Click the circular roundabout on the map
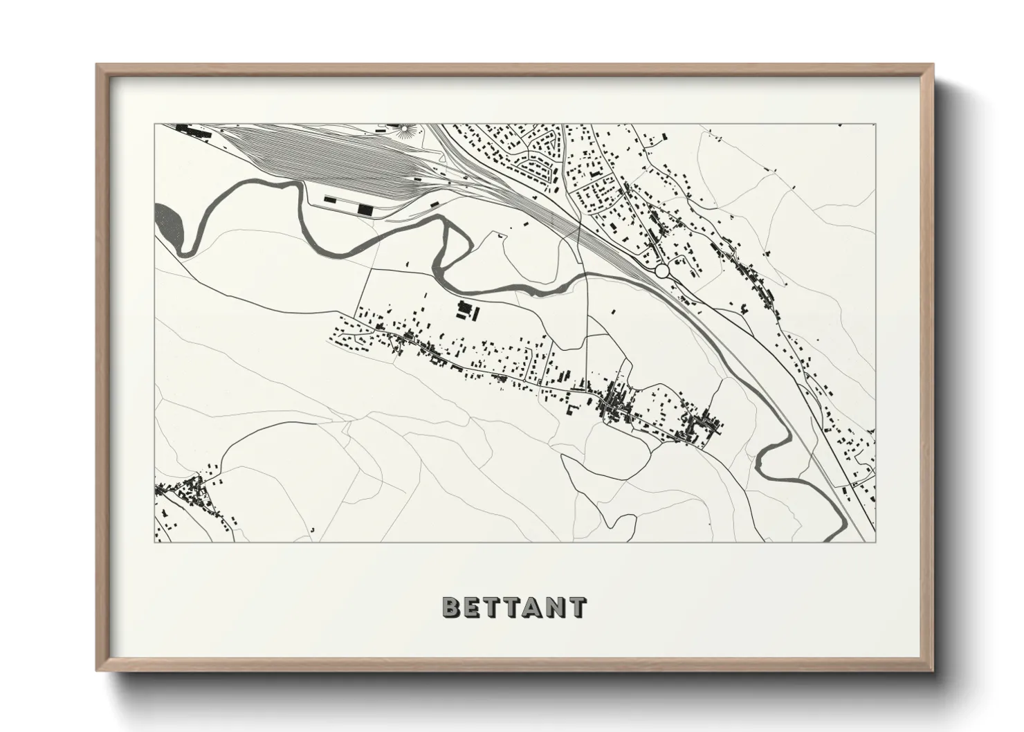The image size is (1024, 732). point(662,271)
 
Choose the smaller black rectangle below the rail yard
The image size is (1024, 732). point(330,201)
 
